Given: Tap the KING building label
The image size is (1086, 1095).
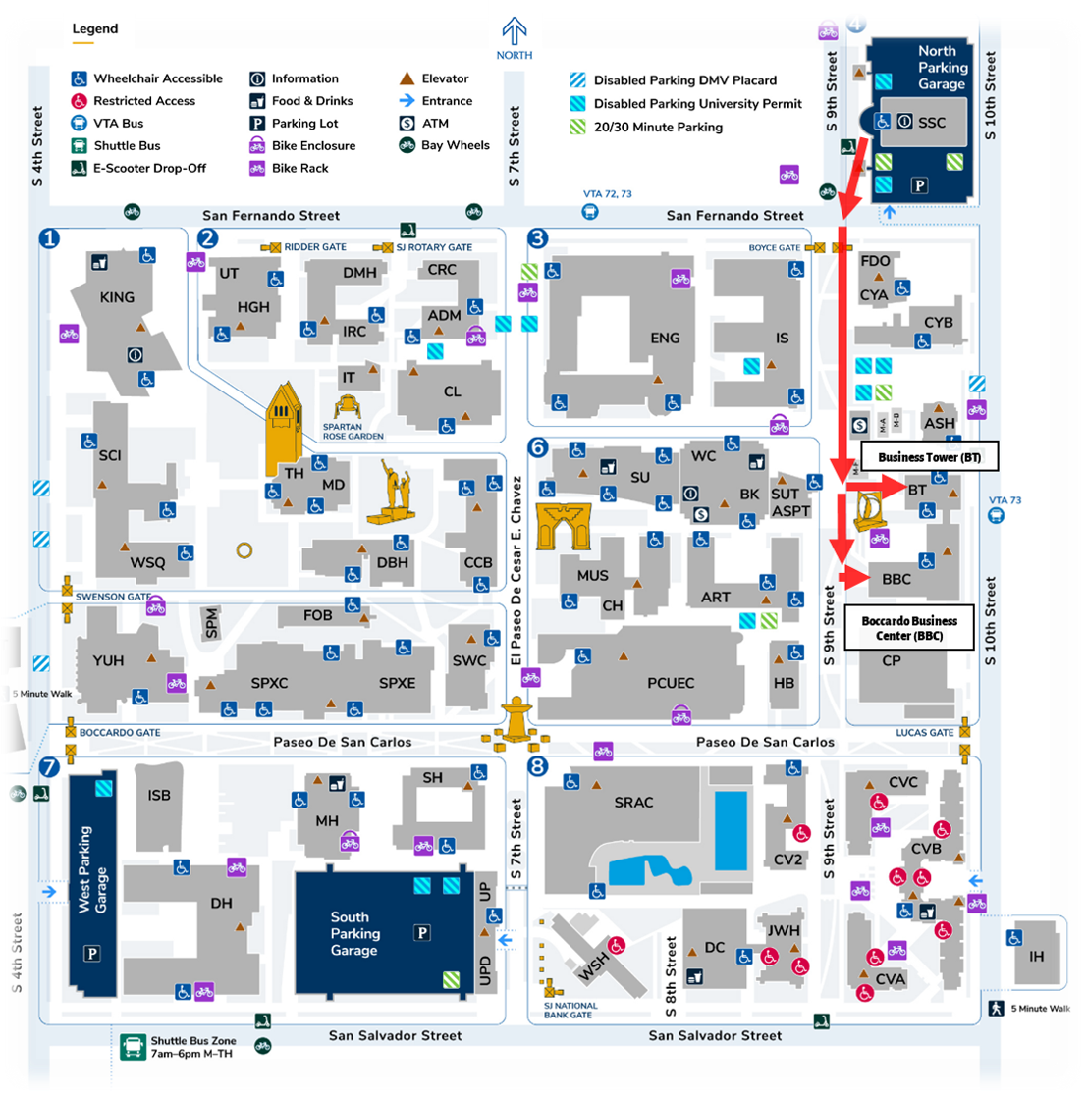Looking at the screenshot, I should [117, 297].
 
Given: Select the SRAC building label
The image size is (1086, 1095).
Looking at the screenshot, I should [633, 802].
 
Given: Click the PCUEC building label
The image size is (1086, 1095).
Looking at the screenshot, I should [671, 683].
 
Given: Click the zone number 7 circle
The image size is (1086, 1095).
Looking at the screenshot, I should [48, 765].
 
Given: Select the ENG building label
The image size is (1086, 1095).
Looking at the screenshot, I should [665, 338].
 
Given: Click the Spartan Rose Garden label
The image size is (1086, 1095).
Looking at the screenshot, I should [353, 432].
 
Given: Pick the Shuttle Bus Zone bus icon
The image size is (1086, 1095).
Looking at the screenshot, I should [133, 1046].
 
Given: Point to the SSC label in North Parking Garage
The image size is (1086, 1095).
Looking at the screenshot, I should [931, 123].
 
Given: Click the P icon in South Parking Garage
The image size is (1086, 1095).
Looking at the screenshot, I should [422, 932].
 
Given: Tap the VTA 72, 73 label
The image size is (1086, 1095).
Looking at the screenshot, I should [607, 194].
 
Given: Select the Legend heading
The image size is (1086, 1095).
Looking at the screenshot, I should [95, 28].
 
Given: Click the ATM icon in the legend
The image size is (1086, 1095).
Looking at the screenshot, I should [406, 124].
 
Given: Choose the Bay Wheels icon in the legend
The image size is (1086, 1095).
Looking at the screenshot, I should [406, 145].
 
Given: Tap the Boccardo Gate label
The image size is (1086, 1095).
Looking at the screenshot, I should [120, 733].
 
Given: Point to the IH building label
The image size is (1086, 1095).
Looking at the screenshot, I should [1036, 956].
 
